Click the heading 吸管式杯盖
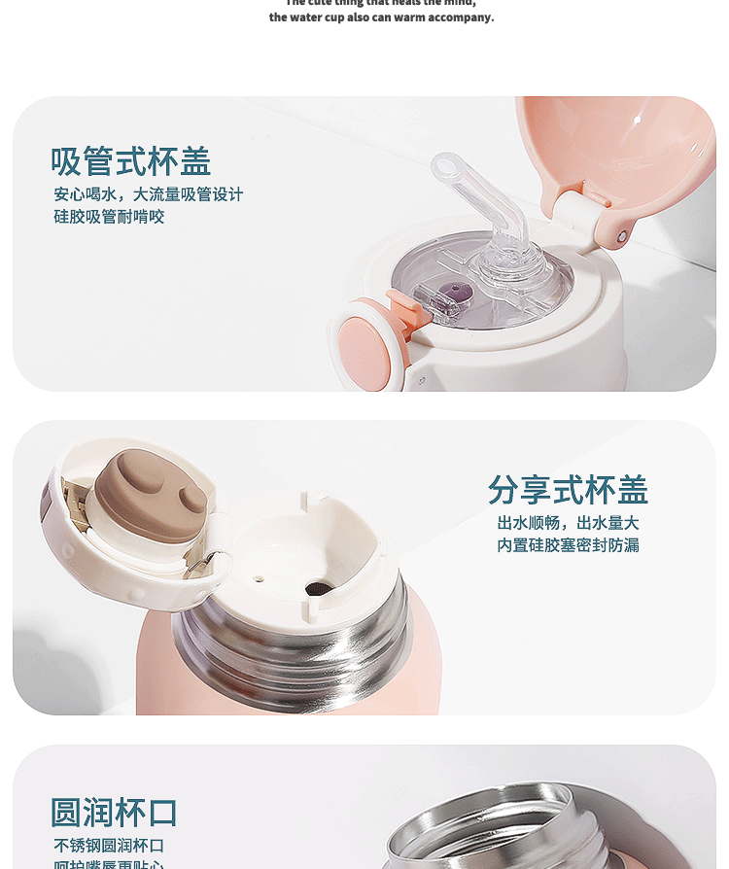click(130, 161)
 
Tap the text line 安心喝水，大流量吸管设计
click(148, 194)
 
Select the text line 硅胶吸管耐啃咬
click(109, 217)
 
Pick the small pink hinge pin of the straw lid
click(622, 236)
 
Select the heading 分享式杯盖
click(568, 489)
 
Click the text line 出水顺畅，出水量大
click(568, 523)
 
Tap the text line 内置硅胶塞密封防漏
click(568, 545)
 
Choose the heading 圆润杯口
click(114, 813)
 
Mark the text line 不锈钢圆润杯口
click(109, 846)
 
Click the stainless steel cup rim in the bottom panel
click(486, 826)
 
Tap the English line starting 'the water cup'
click(381, 17)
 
